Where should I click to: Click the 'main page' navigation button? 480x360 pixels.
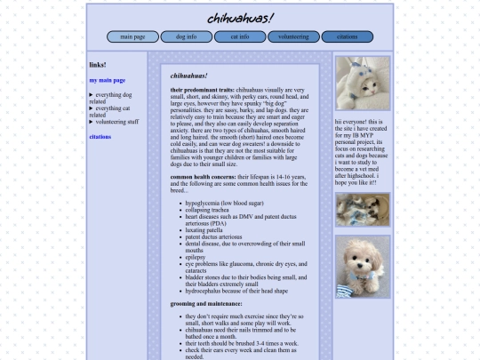[132, 36]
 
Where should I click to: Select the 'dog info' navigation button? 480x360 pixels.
[186, 36]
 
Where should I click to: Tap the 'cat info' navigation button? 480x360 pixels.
[239, 36]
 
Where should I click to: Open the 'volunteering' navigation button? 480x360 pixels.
[293, 36]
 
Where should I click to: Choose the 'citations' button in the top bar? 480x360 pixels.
[347, 36]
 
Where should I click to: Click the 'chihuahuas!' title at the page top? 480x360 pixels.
[240, 18]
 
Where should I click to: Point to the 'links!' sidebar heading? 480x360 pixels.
[98, 65]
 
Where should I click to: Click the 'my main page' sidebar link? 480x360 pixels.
[107, 80]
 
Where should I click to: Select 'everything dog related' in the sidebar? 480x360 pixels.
[112, 98]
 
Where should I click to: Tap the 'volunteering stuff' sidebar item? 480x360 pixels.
[116, 122]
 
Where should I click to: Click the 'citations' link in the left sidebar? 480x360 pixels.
[100, 137]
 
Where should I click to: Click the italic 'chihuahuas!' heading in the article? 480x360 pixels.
[188, 76]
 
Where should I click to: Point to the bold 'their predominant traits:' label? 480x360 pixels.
[203, 91]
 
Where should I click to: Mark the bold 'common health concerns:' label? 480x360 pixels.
[203, 177]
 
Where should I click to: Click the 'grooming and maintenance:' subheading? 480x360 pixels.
[205, 304]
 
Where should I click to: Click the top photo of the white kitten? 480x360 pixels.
[363, 83]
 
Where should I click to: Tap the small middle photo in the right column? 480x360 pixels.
[363, 210]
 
